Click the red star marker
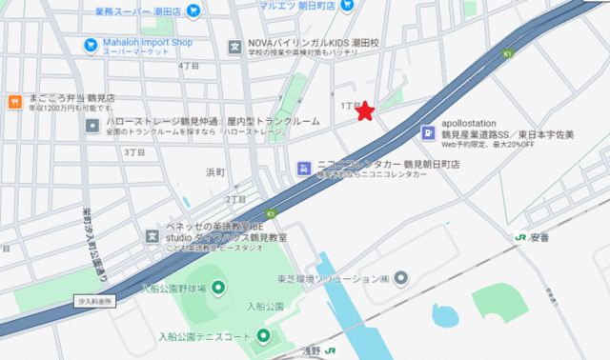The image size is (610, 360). point(364,113)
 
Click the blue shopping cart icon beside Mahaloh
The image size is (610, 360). point(90,44)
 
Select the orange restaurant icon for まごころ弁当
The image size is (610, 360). point(14,100)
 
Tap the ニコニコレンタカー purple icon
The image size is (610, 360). point(304,167)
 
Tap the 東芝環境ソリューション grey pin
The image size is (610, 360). point(401,277)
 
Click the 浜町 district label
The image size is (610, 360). point(215,172)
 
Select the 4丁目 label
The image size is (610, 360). point(187,66)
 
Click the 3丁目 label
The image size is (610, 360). point(133,151)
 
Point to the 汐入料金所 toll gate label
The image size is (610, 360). point(94,300)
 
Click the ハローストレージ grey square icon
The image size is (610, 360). point(91,125)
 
